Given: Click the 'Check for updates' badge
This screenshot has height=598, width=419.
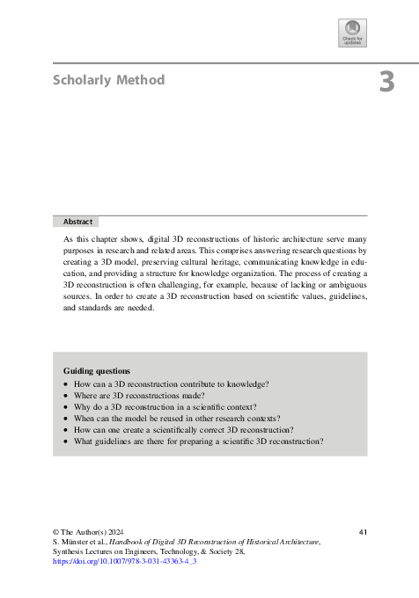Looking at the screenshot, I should tap(352, 33).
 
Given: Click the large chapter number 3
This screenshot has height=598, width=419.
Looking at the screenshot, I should tap(386, 83).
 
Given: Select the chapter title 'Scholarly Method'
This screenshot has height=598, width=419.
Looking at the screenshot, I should tap(108, 80).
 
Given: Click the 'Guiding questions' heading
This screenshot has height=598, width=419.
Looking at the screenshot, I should tap(97, 371).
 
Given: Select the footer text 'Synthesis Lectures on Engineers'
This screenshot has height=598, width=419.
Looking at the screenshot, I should tap(114, 551).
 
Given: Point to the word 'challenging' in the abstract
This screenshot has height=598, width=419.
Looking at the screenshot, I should tap(209, 286).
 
